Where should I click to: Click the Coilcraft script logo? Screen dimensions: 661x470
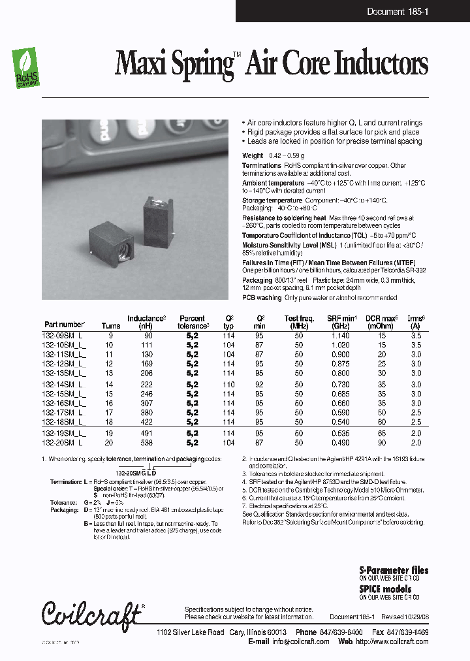(91, 613)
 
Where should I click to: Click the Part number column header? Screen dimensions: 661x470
(64, 324)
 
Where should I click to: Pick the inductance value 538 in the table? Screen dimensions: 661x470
(146, 442)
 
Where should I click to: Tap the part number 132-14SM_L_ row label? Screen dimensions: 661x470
(64, 385)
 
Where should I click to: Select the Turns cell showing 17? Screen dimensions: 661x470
(109, 413)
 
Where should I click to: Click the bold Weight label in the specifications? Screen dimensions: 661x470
(253, 155)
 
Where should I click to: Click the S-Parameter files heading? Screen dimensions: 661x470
(394, 570)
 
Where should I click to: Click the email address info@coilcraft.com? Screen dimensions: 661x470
(298, 641)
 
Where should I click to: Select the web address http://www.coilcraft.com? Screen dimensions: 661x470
(392, 641)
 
